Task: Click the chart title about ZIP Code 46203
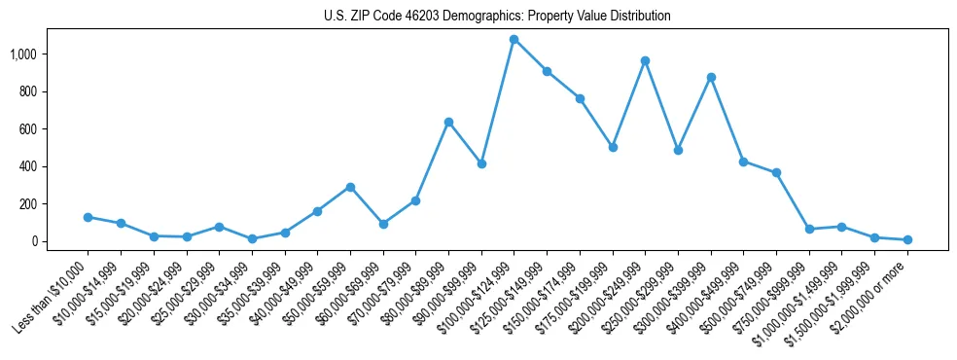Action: [x=497, y=17]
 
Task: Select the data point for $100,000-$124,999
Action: [x=514, y=40]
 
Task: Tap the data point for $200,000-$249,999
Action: [x=645, y=60]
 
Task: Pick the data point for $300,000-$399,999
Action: [x=711, y=77]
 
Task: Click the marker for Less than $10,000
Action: [x=88, y=217]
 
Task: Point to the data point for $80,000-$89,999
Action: [x=448, y=122]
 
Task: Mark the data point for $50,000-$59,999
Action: [x=350, y=187]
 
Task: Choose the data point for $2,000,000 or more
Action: [x=907, y=239]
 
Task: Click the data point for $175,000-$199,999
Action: [x=613, y=147]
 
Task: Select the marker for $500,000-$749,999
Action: [x=776, y=172]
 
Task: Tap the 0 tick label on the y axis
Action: [x=41, y=241]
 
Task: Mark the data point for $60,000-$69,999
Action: [x=383, y=224]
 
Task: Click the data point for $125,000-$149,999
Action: [x=547, y=71]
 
